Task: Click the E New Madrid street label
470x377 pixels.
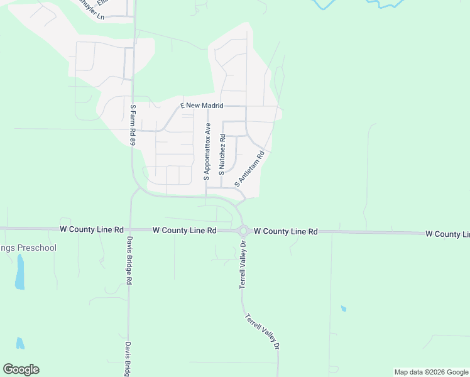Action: tap(202, 106)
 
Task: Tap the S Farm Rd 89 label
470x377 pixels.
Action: tap(133, 126)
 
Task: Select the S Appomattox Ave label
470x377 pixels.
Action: tap(206, 151)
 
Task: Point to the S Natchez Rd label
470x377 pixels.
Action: tap(222, 153)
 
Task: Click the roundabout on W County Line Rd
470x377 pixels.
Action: tap(243, 231)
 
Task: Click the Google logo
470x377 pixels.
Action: tap(21, 369)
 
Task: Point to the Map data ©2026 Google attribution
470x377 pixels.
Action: tap(431, 372)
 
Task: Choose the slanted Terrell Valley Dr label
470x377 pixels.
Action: tap(262, 331)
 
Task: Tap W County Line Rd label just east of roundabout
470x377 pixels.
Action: tap(286, 231)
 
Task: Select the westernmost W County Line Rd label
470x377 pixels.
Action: tap(92, 230)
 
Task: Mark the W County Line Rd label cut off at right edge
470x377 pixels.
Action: tap(447, 234)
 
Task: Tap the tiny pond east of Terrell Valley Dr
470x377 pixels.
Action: tap(343, 309)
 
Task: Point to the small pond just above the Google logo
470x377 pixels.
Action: tap(21, 343)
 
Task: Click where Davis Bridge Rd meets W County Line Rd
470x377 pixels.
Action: tap(129, 230)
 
